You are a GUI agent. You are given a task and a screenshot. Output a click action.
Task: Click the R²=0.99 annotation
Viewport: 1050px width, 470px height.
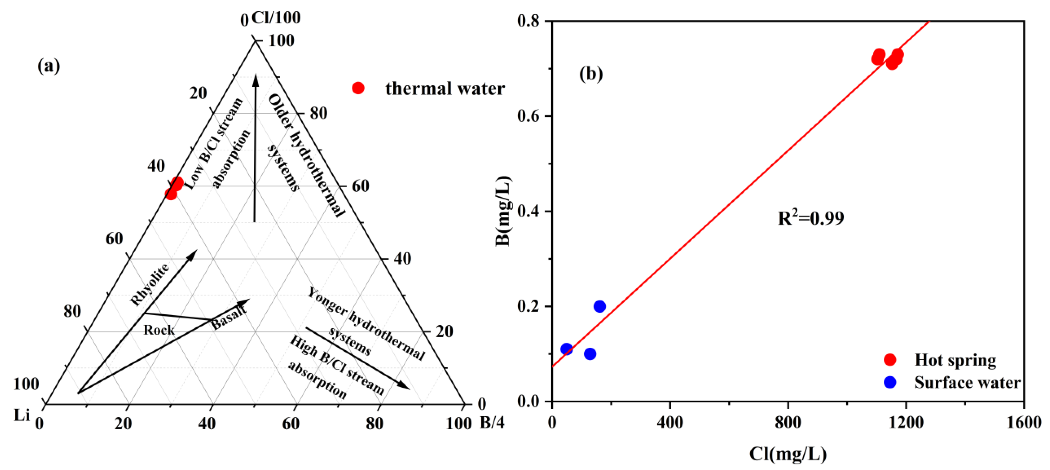coord(811,218)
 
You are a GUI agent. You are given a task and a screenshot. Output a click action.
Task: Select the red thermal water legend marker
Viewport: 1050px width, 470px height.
coord(358,88)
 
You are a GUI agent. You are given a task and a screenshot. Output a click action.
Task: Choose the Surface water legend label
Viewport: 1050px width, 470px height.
coord(967,382)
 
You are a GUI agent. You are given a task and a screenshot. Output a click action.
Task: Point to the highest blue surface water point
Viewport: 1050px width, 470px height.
coord(599,306)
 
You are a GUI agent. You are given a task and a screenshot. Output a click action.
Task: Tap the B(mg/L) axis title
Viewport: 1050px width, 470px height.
coord(503,211)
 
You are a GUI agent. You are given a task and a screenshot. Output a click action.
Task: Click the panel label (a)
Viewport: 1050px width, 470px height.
coord(49,66)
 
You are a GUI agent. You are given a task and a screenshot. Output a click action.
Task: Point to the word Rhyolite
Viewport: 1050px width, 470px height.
coord(150,284)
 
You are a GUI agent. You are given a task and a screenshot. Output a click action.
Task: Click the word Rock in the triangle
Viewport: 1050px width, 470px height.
coord(159,330)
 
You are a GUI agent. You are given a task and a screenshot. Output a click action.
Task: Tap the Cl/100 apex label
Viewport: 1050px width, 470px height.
coord(276,17)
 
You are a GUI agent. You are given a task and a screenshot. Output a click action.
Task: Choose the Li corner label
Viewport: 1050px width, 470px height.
coord(22,415)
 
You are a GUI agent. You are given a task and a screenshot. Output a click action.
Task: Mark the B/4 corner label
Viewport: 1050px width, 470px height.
coord(492,422)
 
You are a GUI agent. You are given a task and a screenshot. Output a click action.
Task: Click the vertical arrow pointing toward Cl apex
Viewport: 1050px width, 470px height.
coord(255,147)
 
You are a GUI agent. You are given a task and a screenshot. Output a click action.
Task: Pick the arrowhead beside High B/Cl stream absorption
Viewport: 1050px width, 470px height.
coord(403,385)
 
